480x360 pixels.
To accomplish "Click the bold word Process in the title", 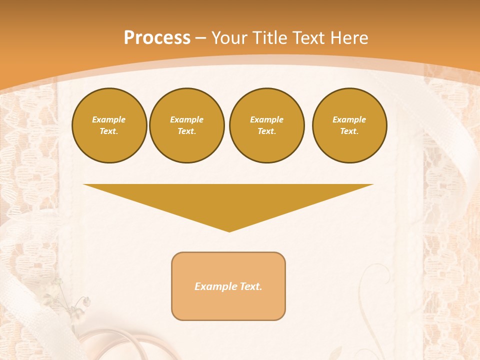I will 157,38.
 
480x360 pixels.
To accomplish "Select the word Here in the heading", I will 349,38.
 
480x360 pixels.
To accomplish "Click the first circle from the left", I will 109,125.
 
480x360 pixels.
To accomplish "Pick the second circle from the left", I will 186,125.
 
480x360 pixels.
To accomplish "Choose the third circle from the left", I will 266,125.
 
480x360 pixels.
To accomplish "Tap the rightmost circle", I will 349,125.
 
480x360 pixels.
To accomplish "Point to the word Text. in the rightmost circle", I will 349,131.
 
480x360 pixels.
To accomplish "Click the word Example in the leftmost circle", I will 109,119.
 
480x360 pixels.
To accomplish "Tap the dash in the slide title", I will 200,38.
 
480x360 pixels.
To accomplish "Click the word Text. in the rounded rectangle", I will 251,286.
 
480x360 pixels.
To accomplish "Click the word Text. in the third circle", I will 266,131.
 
